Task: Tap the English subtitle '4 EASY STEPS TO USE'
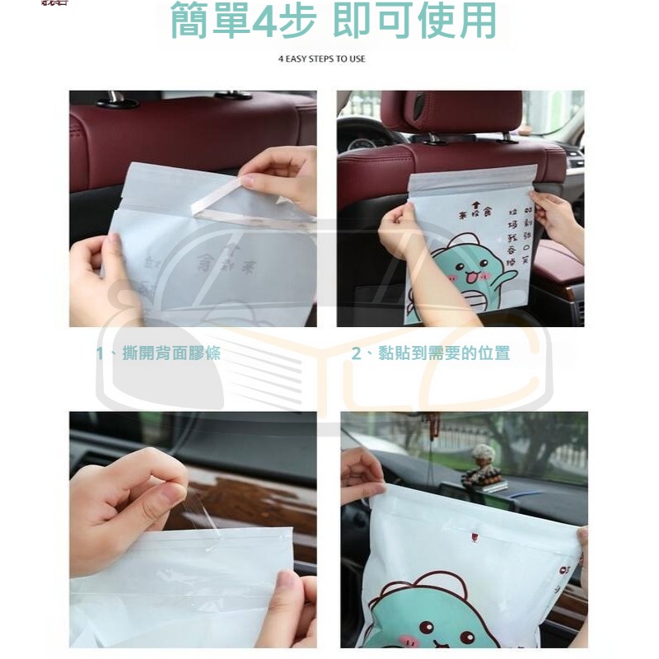(x=321, y=59)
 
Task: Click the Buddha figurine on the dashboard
(x=482, y=465)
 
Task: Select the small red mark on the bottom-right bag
(x=474, y=537)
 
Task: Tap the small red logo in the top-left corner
(x=54, y=3)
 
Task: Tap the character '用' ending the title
(x=478, y=22)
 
